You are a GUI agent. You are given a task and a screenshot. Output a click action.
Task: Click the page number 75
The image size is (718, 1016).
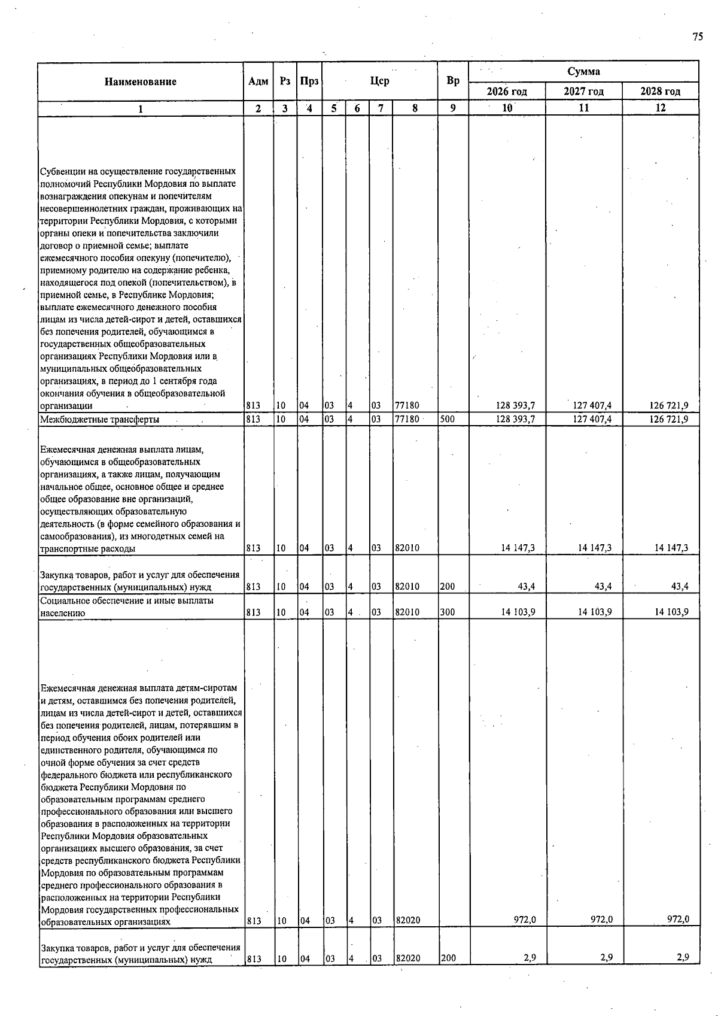(x=698, y=37)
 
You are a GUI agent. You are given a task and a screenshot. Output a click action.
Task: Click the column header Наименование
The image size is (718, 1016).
(x=141, y=82)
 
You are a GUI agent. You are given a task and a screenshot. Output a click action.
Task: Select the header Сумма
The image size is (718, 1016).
(x=583, y=72)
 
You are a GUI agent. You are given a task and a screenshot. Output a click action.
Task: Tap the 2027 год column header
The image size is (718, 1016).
(x=583, y=92)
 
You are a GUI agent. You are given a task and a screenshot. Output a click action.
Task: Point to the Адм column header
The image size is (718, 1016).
(x=258, y=81)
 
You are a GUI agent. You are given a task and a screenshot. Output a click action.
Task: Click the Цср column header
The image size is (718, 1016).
(x=379, y=81)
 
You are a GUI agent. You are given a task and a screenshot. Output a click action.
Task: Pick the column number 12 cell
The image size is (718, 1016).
(x=660, y=108)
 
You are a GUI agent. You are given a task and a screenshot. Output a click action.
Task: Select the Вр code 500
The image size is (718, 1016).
(x=447, y=420)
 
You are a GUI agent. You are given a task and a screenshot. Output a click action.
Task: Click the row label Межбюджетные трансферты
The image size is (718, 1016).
(x=99, y=420)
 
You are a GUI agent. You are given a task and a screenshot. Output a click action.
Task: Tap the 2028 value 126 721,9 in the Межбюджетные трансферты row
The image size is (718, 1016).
(x=668, y=420)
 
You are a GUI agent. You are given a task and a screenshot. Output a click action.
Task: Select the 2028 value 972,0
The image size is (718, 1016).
(x=679, y=920)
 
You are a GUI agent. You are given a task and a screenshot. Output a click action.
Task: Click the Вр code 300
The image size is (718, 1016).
(x=447, y=612)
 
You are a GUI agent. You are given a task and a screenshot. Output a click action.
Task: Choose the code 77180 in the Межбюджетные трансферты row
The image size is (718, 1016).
(x=407, y=420)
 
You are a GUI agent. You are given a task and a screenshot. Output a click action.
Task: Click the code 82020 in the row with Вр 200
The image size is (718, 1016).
(x=407, y=958)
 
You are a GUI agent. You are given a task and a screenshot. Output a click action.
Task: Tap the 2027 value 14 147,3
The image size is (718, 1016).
(x=594, y=548)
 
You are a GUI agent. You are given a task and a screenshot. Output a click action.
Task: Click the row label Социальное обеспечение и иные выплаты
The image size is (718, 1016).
(x=126, y=600)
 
